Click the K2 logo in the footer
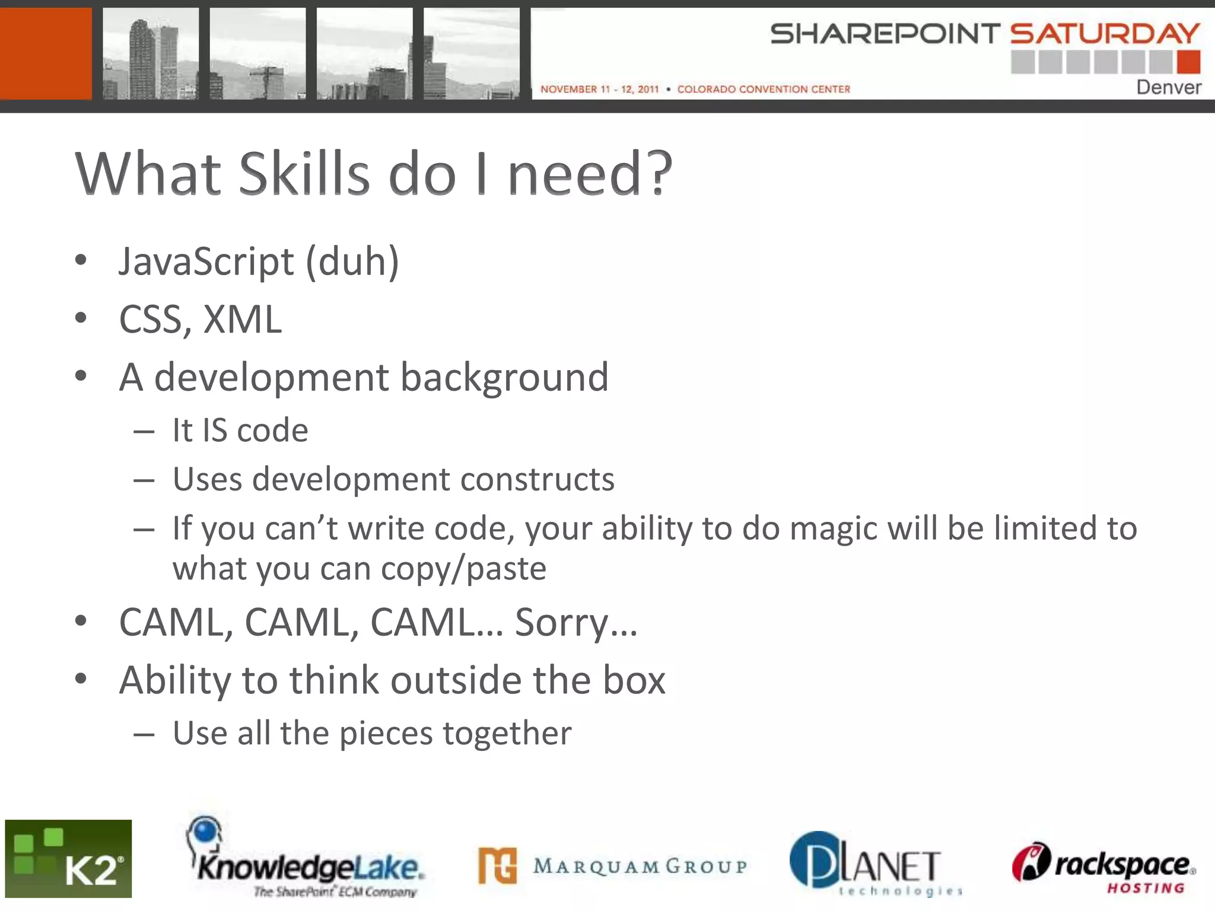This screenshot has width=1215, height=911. [68, 858]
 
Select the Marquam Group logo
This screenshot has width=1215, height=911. [612, 866]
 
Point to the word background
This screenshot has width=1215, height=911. [504, 377]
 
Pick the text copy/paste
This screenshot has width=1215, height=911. [463, 569]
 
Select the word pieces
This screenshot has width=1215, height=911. [386, 733]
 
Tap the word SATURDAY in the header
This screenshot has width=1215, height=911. [1105, 34]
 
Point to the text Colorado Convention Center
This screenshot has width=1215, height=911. [764, 89]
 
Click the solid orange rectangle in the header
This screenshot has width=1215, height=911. [46, 53]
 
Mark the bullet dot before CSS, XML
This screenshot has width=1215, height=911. [81, 318]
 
